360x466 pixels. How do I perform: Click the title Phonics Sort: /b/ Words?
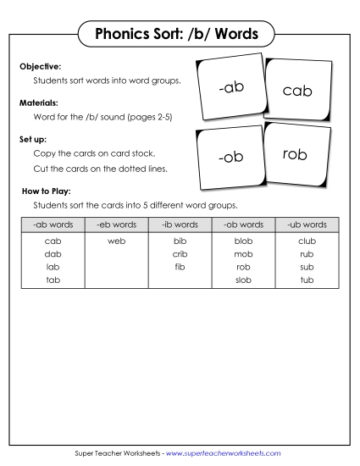pyautogui.click(x=179, y=35)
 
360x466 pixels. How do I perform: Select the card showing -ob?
pyautogui.click(x=230, y=158)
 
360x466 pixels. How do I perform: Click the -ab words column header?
pyautogui.click(x=53, y=225)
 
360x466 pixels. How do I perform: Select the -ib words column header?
pyautogui.click(x=180, y=225)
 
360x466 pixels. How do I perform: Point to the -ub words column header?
pyautogui.click(x=307, y=225)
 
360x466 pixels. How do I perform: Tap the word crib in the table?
pyautogui.click(x=180, y=253)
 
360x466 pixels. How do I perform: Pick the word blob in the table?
pyautogui.click(x=243, y=241)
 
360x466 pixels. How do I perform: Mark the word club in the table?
pyautogui.click(x=307, y=241)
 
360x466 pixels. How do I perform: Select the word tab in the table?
pyautogui.click(x=53, y=279)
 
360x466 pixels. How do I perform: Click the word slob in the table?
pyautogui.click(x=243, y=279)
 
